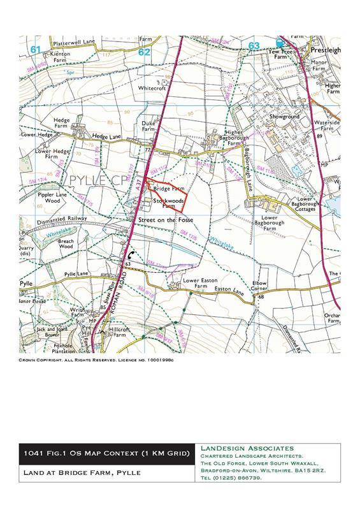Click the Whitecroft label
152,89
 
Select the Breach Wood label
66,244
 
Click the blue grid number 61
35,49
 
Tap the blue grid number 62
145,52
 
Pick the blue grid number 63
254,46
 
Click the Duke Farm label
148,126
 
